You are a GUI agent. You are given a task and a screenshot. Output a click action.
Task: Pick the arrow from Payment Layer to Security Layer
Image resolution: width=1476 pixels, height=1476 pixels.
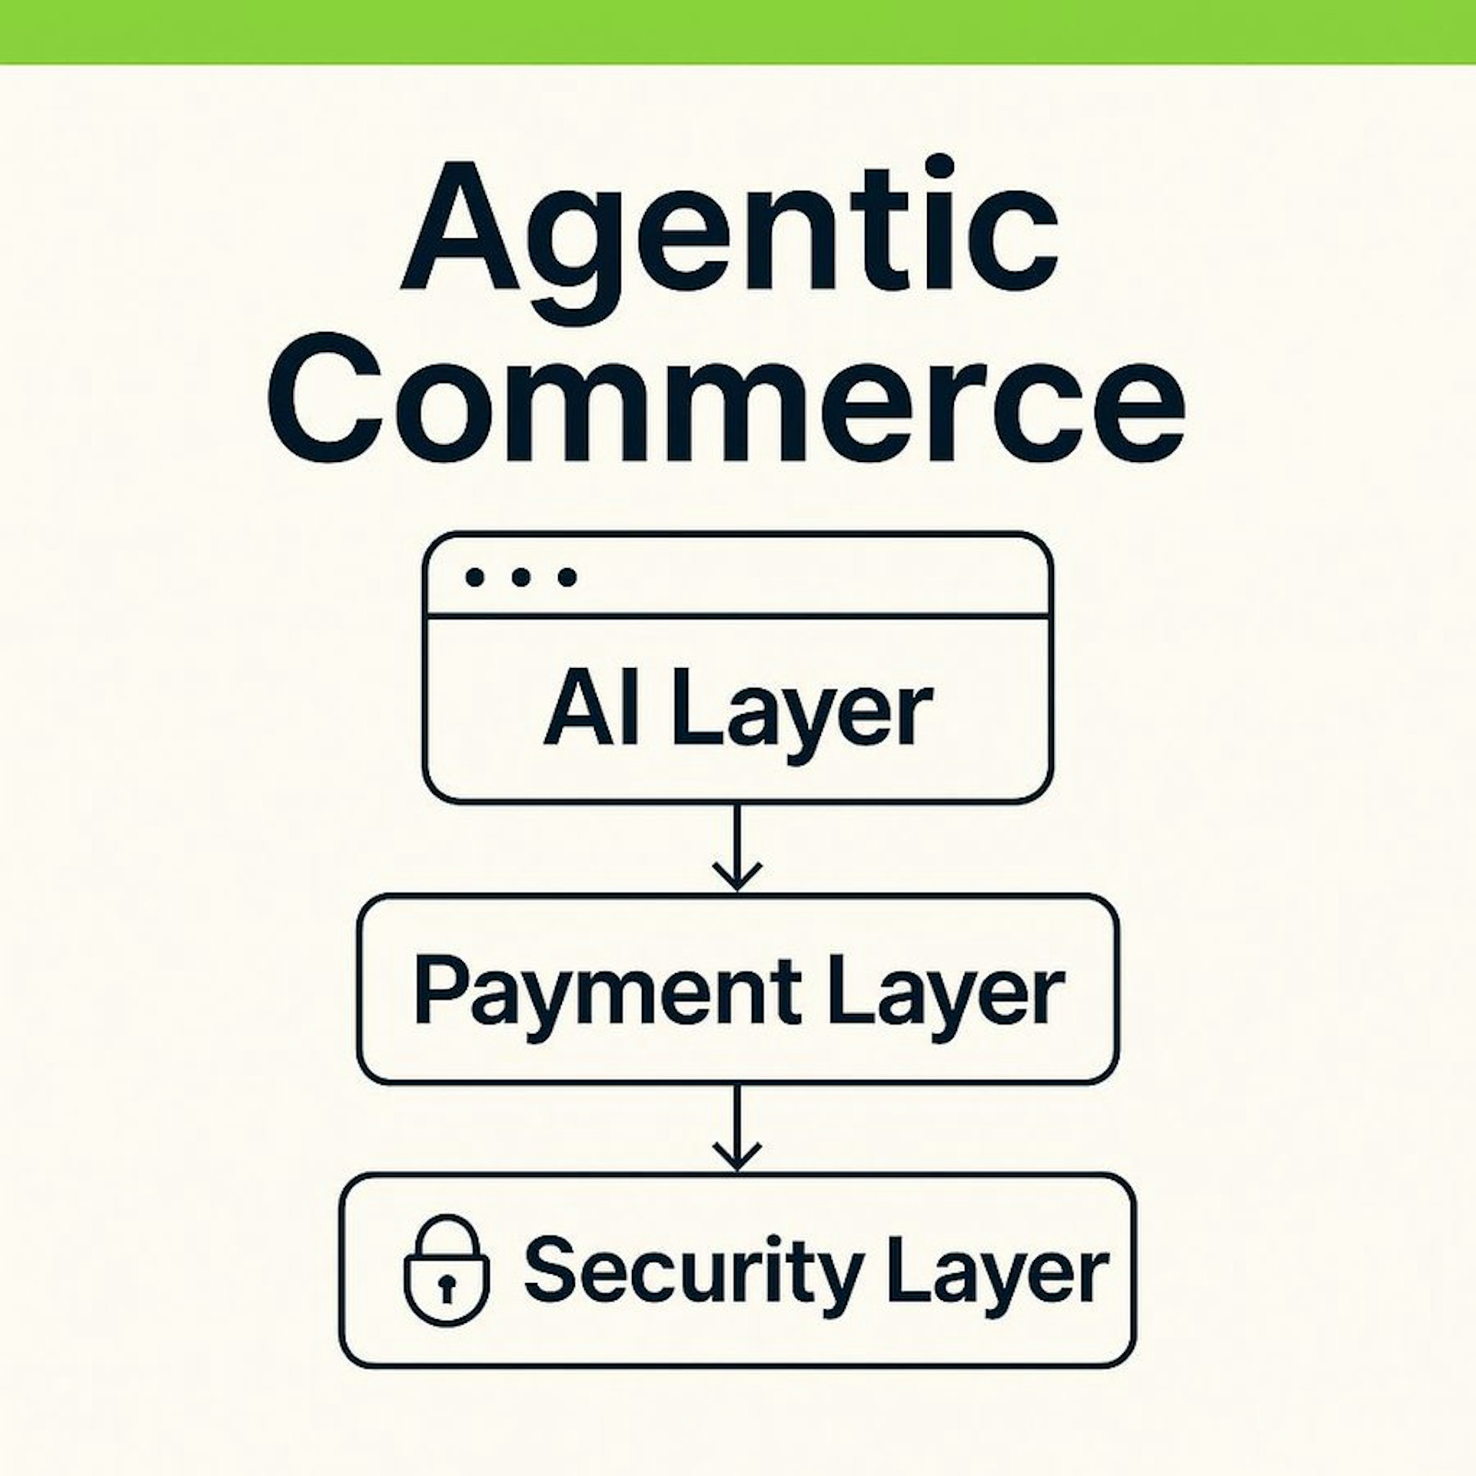click(x=737, y=1128)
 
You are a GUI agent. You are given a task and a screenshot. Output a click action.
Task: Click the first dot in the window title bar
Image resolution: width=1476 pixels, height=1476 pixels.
click(x=476, y=577)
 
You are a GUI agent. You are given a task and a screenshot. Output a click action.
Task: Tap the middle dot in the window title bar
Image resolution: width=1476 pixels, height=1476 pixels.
click(x=522, y=577)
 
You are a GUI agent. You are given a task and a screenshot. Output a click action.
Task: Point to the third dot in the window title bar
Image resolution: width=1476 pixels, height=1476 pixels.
click(x=567, y=577)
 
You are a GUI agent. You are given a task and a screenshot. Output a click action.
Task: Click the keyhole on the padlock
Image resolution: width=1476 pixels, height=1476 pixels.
click(x=447, y=1286)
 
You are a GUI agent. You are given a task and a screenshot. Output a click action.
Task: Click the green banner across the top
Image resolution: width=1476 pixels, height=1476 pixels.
click(x=738, y=32)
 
